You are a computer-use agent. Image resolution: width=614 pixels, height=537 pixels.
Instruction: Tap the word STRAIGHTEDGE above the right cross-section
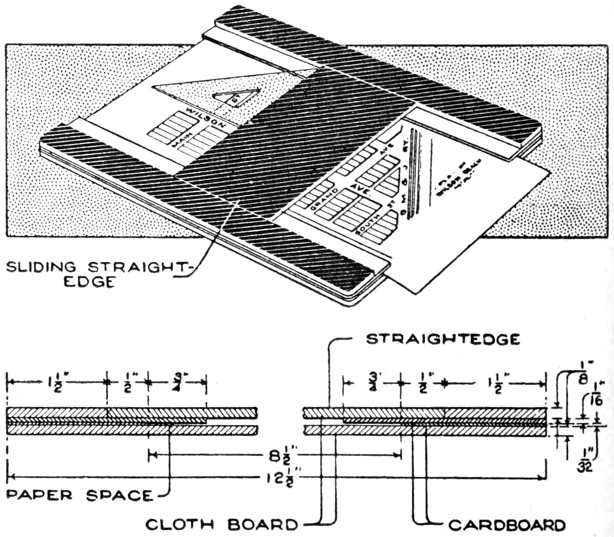click(443, 339)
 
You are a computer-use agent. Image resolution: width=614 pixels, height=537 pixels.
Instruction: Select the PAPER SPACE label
click(80, 495)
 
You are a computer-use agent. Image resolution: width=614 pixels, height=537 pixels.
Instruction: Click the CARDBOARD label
click(507, 525)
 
